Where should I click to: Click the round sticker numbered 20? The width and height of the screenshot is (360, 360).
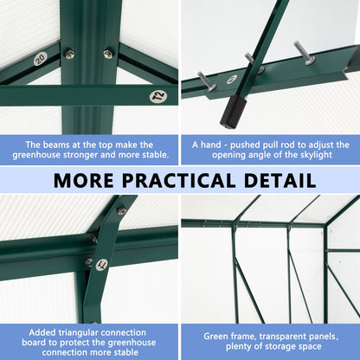pyautogui.click(x=40, y=59)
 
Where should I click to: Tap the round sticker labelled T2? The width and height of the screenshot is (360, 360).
pyautogui.click(x=157, y=96)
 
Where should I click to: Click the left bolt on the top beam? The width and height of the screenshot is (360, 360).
pyautogui.click(x=69, y=54)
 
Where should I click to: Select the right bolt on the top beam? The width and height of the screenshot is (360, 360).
pyautogui.click(x=108, y=54)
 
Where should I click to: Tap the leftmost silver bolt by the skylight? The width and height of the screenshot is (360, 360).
pyautogui.click(x=206, y=81)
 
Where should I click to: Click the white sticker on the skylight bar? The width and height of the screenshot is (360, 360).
pyautogui.click(x=231, y=80)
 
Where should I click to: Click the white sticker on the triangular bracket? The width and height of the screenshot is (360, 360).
pyautogui.click(x=101, y=264)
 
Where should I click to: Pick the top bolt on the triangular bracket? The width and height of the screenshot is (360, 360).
pyautogui.click(x=121, y=209)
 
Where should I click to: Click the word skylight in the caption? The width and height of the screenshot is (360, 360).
pyautogui.click(x=306, y=157)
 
